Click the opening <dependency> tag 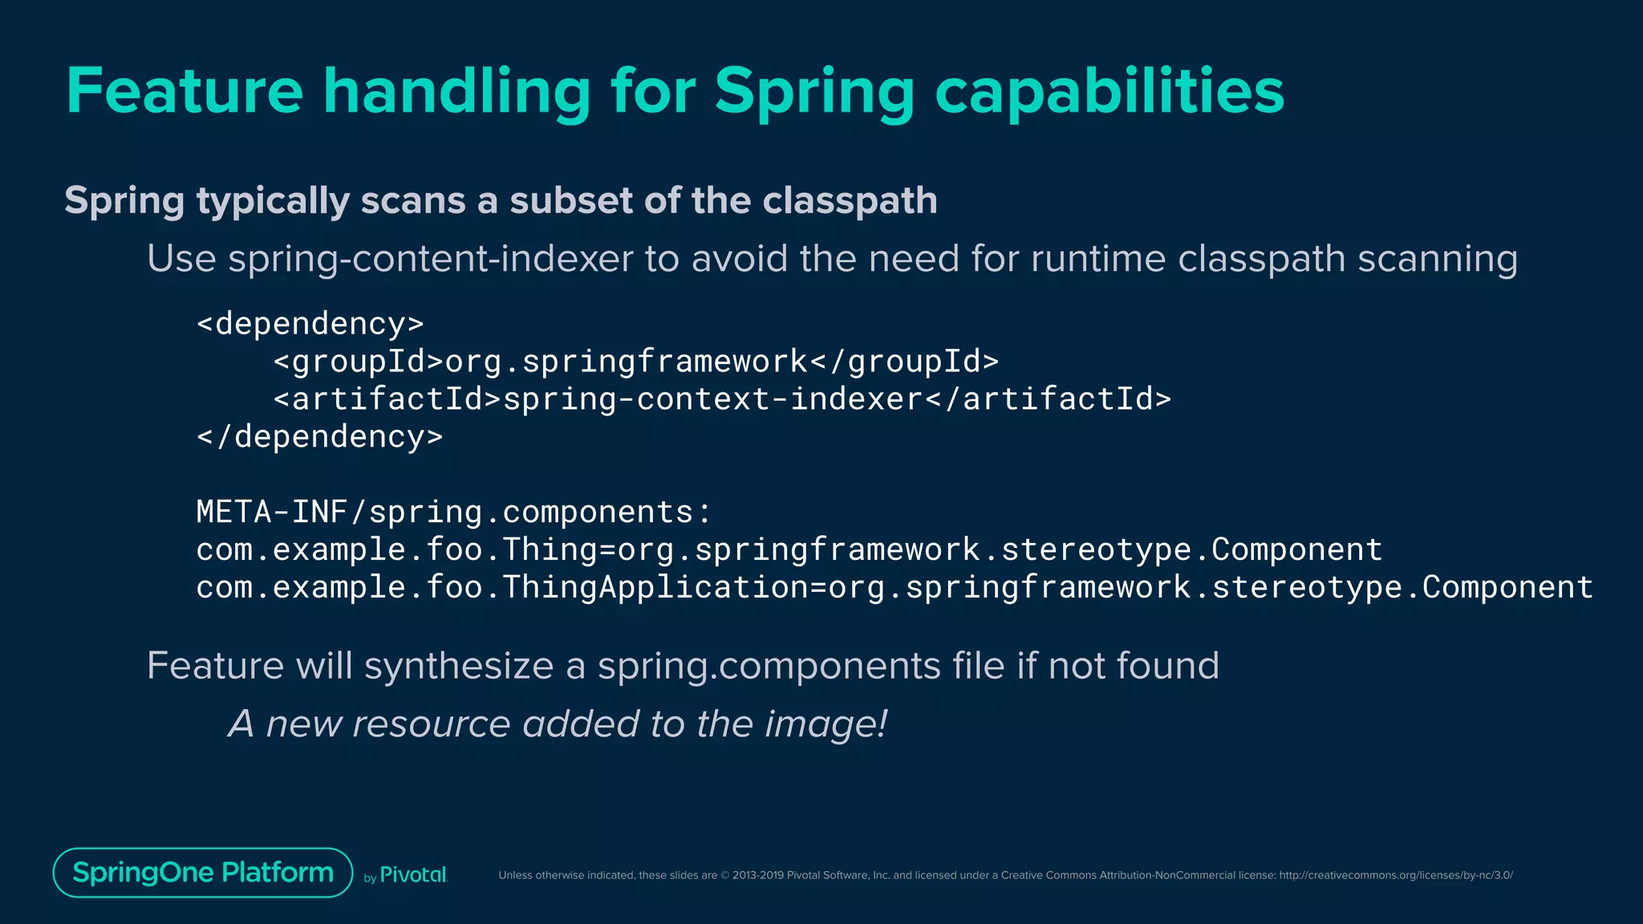310,323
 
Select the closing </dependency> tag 319,436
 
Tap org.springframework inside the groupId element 627,362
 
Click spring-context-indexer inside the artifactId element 712,399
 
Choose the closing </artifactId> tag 1048,399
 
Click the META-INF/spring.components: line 453,512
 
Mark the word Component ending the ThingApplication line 1507,587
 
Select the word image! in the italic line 826,723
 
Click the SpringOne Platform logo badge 203,873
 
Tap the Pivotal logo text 412,875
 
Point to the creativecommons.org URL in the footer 1395,875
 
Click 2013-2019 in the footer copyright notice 757,875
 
